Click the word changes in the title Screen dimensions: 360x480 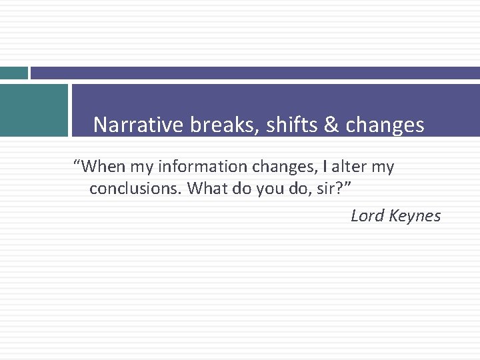point(385,125)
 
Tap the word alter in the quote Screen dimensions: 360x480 point(341,166)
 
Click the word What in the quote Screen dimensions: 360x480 point(206,189)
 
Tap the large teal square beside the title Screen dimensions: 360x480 point(33,110)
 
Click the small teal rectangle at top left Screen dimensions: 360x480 point(13,73)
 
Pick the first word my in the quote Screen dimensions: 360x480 point(143,166)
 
